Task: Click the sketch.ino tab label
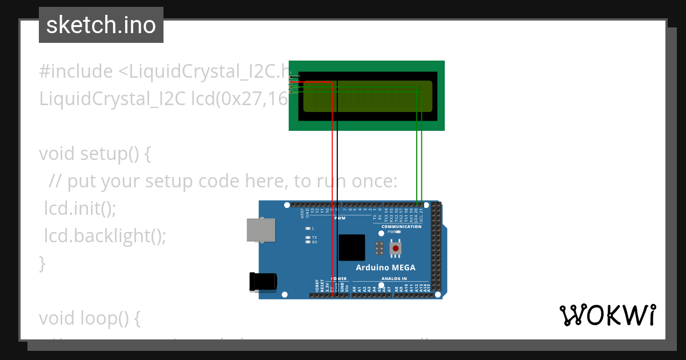(101, 25)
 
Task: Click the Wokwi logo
(607, 315)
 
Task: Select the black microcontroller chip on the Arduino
(352, 248)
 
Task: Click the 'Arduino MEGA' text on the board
(386, 267)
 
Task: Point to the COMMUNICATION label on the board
(401, 227)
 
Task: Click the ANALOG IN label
(394, 279)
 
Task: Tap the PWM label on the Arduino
(340, 218)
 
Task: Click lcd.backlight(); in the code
(105, 236)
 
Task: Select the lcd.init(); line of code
(80, 209)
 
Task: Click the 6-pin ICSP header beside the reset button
(379, 249)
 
